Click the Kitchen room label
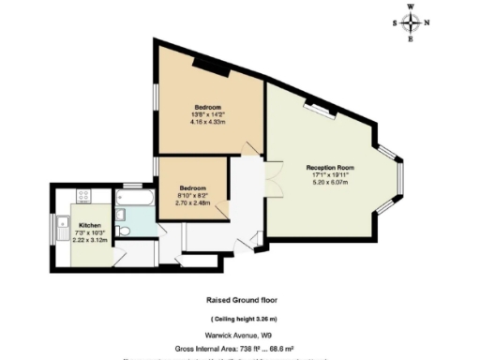point(89,226)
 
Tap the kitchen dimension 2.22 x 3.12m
point(90,241)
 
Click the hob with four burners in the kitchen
point(82,197)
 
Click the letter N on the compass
point(427,23)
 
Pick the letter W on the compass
point(411,7)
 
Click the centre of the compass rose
point(411,23)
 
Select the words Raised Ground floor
point(242,301)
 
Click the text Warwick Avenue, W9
point(242,335)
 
